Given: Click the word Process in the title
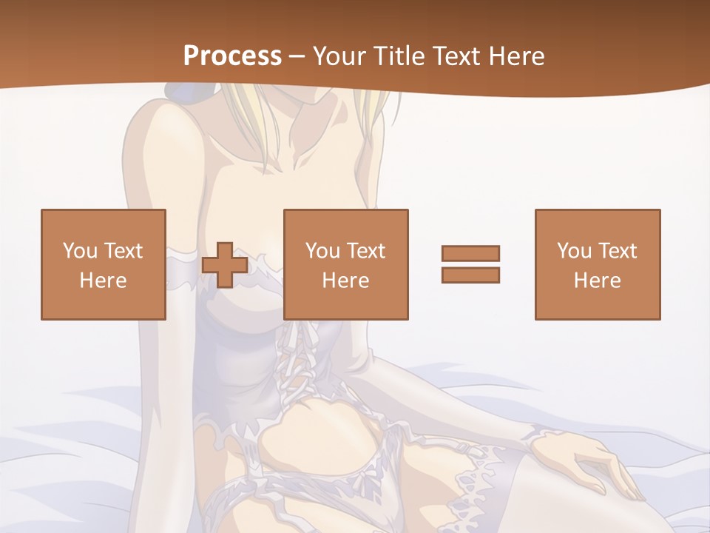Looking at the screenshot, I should [x=232, y=56].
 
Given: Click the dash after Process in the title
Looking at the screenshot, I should [x=297, y=57].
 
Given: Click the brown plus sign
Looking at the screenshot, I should [x=225, y=265].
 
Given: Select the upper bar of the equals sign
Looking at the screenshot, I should [x=470, y=254].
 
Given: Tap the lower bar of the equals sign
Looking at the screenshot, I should [x=470, y=275].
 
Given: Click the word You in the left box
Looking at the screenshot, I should [x=80, y=251].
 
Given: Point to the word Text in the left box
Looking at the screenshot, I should [x=123, y=251].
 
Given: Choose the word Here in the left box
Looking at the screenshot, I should [x=103, y=281].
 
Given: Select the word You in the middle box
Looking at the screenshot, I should [x=322, y=251].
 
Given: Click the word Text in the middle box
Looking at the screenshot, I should [x=365, y=251].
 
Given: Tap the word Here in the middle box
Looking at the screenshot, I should [x=345, y=281].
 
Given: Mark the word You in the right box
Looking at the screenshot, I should [x=574, y=251].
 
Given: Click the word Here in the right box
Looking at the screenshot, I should [x=597, y=281].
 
